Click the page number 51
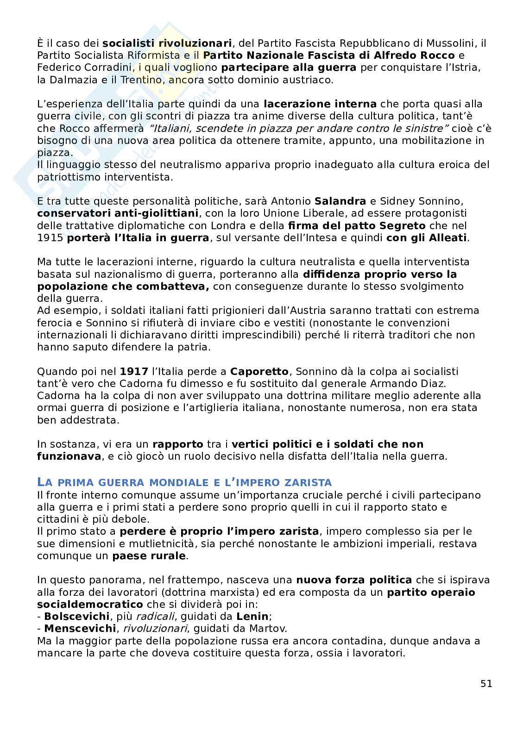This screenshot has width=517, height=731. (x=486, y=683)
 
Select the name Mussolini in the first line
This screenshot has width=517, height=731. (x=451, y=44)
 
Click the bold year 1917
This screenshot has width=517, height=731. (x=134, y=371)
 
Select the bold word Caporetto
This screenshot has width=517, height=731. (x=259, y=371)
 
